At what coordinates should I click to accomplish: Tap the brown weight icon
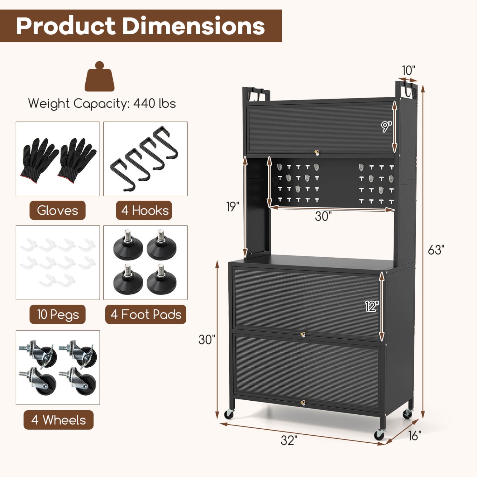pos(100,77)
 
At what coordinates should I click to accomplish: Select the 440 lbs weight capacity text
pos(154,104)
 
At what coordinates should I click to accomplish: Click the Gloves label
pos(58,211)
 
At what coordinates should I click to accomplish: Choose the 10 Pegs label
pos(58,315)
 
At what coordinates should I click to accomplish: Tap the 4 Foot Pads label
pos(146,315)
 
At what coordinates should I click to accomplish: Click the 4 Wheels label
pos(59,420)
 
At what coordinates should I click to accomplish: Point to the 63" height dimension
pos(436,250)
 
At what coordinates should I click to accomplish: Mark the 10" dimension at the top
pos(408,70)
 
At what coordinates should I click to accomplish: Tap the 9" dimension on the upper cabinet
pos(386,127)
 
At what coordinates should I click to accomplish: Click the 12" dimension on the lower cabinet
pos(372,307)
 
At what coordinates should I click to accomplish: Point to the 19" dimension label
pos(233,207)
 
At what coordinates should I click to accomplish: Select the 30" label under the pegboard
pos(323,216)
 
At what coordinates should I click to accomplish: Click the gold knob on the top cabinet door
pos(317,153)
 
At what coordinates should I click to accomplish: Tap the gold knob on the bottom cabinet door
pos(303,403)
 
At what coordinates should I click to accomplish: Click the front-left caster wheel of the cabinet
pos(229,414)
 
